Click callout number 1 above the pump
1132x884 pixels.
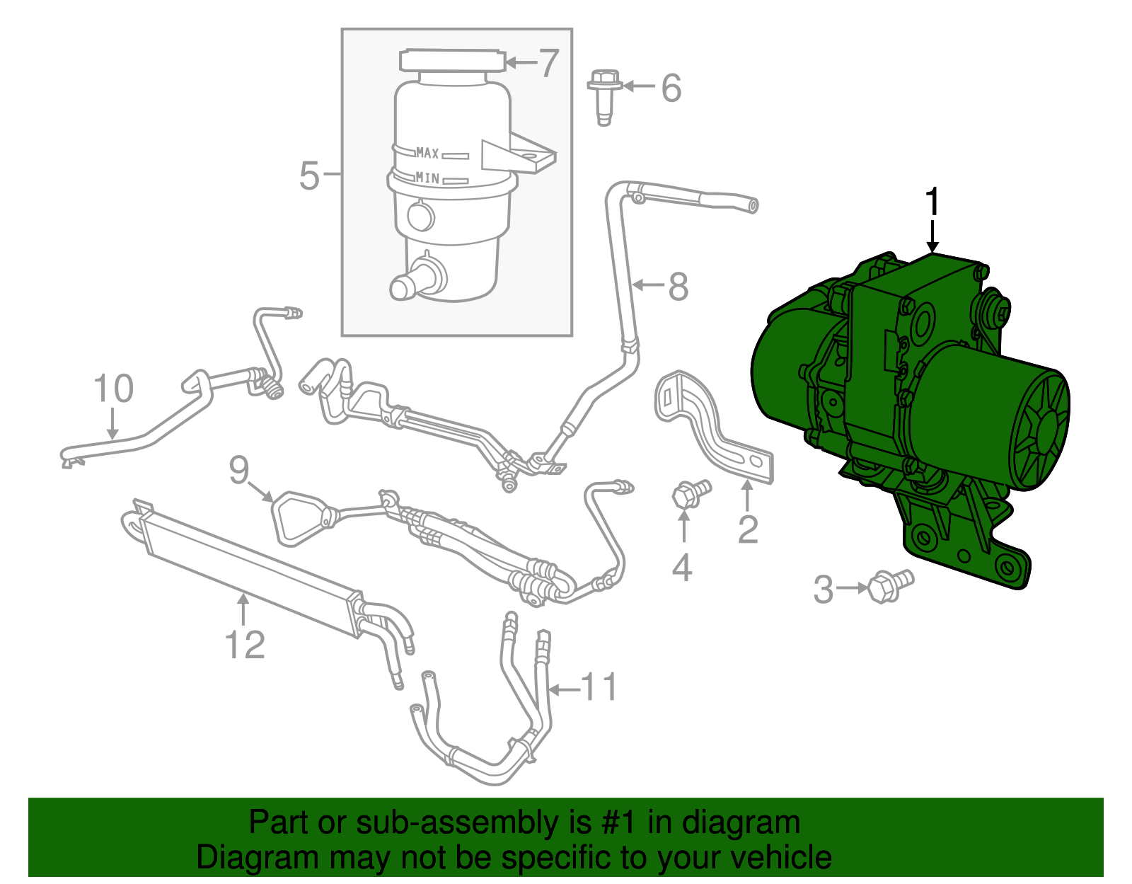(933, 202)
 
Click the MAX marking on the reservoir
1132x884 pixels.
(427, 153)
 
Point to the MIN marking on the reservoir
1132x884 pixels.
(427, 178)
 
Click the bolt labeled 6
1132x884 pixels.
(603, 96)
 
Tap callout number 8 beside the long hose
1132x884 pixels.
(677, 287)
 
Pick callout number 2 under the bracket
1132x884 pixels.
(748, 529)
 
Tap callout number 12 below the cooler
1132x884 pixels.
(245, 645)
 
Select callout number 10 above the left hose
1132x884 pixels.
(113, 389)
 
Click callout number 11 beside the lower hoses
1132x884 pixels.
(599, 688)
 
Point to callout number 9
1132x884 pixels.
(239, 470)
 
